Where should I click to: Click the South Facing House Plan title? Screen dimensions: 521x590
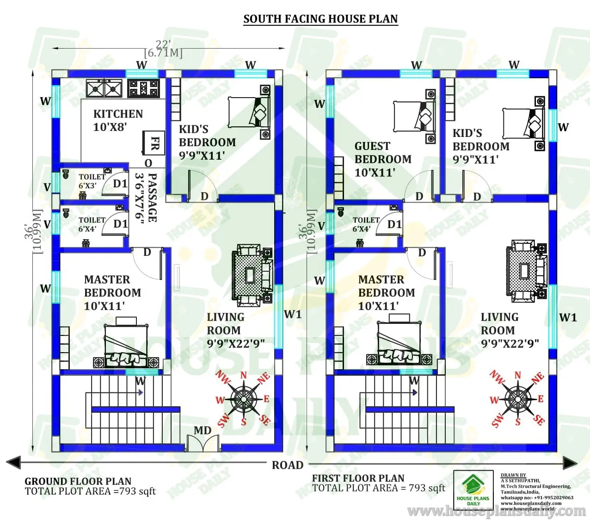point(320,19)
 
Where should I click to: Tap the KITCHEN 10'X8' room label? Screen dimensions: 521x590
point(118,120)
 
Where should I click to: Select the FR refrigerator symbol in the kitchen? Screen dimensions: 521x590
point(154,143)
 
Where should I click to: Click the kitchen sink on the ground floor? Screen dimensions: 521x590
point(104,88)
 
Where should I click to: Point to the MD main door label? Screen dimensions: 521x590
point(203,431)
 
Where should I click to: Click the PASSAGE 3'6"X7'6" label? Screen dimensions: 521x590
point(146,197)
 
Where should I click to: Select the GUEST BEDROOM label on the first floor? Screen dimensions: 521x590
point(382,159)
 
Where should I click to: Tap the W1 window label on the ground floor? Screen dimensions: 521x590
point(292,315)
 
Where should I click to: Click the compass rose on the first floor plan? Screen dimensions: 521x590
point(517,398)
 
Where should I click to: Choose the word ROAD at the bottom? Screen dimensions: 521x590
point(287,465)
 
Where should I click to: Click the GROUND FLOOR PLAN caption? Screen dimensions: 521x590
point(78,481)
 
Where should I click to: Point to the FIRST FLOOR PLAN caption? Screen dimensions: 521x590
point(358,478)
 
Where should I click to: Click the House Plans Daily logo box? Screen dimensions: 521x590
point(473,490)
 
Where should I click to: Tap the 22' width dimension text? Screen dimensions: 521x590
point(163,44)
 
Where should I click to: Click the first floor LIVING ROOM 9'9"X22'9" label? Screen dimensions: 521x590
point(510,330)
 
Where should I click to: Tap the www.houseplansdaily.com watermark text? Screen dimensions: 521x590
point(497,511)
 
